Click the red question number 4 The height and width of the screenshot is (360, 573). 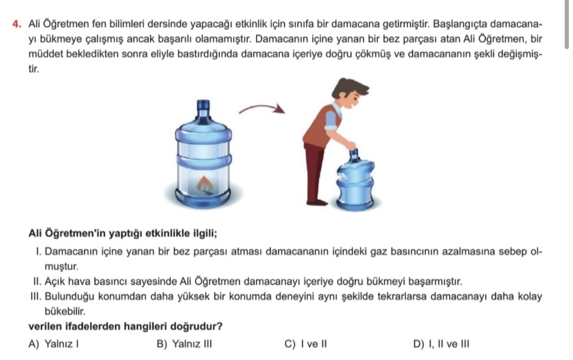pos(17,24)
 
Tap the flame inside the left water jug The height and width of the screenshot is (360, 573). pos(205,184)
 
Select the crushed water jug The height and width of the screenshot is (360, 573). pos(355,180)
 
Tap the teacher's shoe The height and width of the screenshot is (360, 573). pos(317,202)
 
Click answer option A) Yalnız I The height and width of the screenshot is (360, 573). pos(53,344)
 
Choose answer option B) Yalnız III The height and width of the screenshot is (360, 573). pos(184,344)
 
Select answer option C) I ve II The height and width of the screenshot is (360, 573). pos(305,344)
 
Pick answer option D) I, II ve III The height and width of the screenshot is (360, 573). pos(441,344)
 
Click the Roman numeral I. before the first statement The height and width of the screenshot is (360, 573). pos(39,252)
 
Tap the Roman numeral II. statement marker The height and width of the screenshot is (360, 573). pos(37,282)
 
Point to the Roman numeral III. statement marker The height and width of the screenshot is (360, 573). pos(36,296)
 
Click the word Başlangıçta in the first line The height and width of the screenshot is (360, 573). pos(460,24)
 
